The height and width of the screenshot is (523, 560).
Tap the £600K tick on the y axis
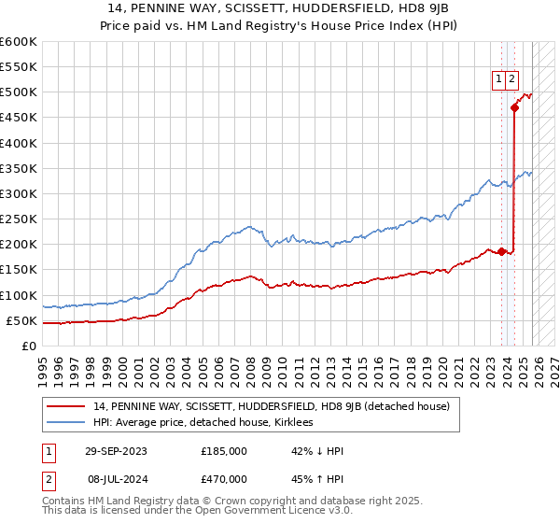[19, 42]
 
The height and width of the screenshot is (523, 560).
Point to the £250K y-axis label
[19, 219]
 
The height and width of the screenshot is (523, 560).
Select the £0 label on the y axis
[30, 346]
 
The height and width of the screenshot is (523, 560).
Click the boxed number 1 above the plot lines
[498, 80]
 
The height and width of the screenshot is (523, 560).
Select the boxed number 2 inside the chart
[512, 80]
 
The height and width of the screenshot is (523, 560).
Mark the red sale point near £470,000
[514, 108]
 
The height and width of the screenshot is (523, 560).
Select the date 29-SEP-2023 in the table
[116, 451]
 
